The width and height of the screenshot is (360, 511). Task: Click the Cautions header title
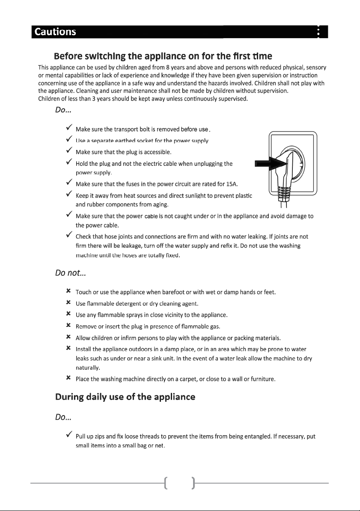[x=56, y=32]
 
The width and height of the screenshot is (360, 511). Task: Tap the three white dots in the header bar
[x=318, y=32]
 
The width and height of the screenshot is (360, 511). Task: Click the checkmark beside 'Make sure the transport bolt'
[x=68, y=128]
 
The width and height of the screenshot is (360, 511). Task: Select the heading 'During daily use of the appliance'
[x=125, y=397]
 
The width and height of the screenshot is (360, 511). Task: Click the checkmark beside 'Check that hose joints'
[x=68, y=236]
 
